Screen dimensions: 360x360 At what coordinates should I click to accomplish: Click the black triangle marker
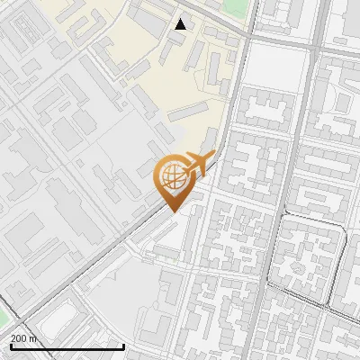(181, 24)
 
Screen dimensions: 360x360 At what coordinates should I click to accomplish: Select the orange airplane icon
(199, 163)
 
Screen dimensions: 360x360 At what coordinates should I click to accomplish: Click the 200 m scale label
(23, 338)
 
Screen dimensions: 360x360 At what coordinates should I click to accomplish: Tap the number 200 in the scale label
(20, 338)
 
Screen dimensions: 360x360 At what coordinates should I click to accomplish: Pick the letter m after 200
(33, 338)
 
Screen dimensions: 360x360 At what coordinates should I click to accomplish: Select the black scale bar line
(67, 346)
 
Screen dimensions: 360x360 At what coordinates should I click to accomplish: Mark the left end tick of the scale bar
(11, 345)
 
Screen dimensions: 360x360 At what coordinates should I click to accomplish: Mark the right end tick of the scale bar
(123, 345)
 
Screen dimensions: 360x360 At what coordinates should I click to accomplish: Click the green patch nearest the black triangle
(235, 7)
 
